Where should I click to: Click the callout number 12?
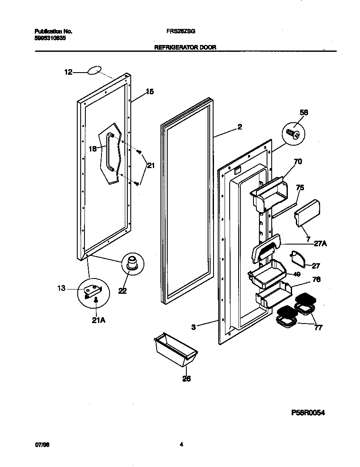(x=68, y=73)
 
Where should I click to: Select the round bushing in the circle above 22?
(x=132, y=263)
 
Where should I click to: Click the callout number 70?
(x=298, y=161)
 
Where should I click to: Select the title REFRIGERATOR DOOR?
(x=185, y=48)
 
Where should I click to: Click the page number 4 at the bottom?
(x=181, y=445)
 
